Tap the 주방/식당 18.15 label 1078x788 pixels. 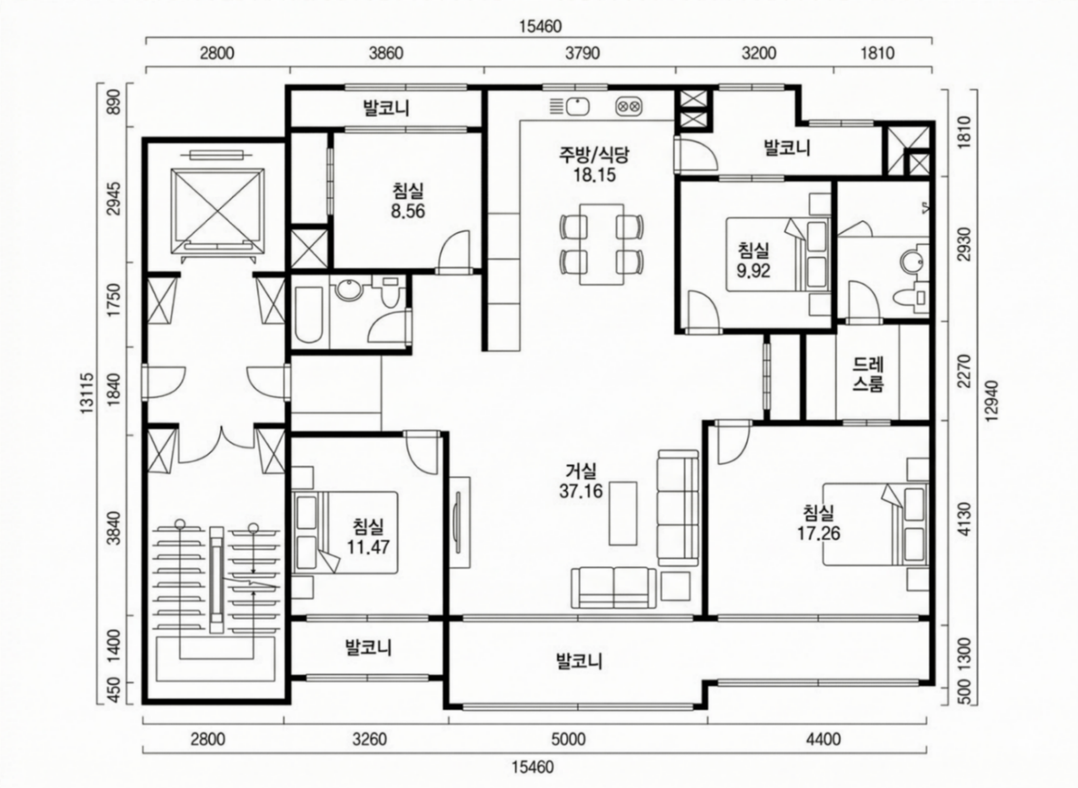pos(594,164)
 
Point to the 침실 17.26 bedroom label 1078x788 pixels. pos(819,523)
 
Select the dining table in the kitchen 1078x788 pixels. pos(602,244)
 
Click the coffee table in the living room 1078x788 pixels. pos(623,513)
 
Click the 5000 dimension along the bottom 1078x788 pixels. pos(568,740)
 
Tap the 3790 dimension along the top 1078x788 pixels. pos(583,53)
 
